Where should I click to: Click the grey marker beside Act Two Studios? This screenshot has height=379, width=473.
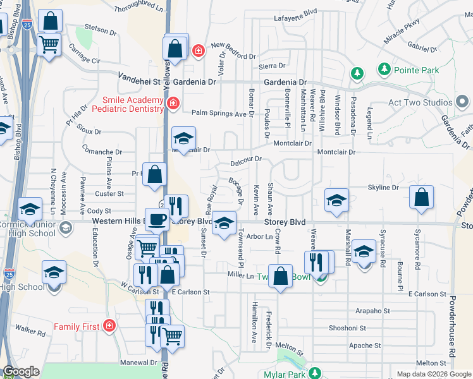point(463,101)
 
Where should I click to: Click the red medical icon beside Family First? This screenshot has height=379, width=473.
point(109,326)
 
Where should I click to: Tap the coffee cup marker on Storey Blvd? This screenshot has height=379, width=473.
point(157,219)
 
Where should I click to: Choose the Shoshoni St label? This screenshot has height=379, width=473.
point(347,328)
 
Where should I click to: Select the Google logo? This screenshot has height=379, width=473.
point(21,372)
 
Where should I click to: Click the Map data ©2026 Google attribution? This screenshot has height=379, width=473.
point(433,374)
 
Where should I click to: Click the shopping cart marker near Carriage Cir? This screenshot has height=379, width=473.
point(49,45)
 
